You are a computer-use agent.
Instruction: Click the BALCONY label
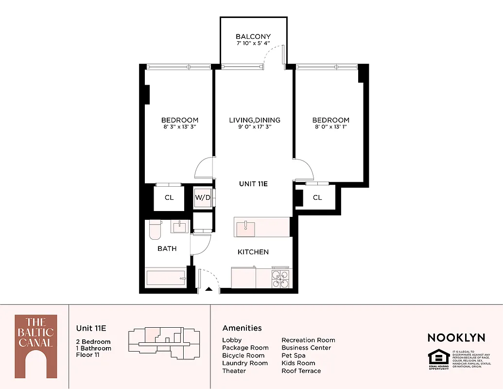253,36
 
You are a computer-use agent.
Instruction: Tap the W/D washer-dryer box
202,198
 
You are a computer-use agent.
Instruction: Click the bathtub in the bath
166,279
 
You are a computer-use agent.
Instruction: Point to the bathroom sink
180,227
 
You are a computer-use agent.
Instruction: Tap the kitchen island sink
246,226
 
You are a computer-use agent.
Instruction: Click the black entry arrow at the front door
209,289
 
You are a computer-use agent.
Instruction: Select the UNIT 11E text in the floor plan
253,184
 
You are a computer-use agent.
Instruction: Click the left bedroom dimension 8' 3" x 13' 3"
180,127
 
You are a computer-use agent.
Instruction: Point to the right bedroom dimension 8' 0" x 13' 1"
330,127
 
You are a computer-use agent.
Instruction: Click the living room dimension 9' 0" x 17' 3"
255,127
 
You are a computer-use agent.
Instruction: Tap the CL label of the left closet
169,198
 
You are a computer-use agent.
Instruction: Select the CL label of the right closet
317,197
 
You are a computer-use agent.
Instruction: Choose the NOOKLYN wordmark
456,337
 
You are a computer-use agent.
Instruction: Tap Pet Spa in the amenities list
294,355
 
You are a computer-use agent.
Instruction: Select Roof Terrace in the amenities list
301,371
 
